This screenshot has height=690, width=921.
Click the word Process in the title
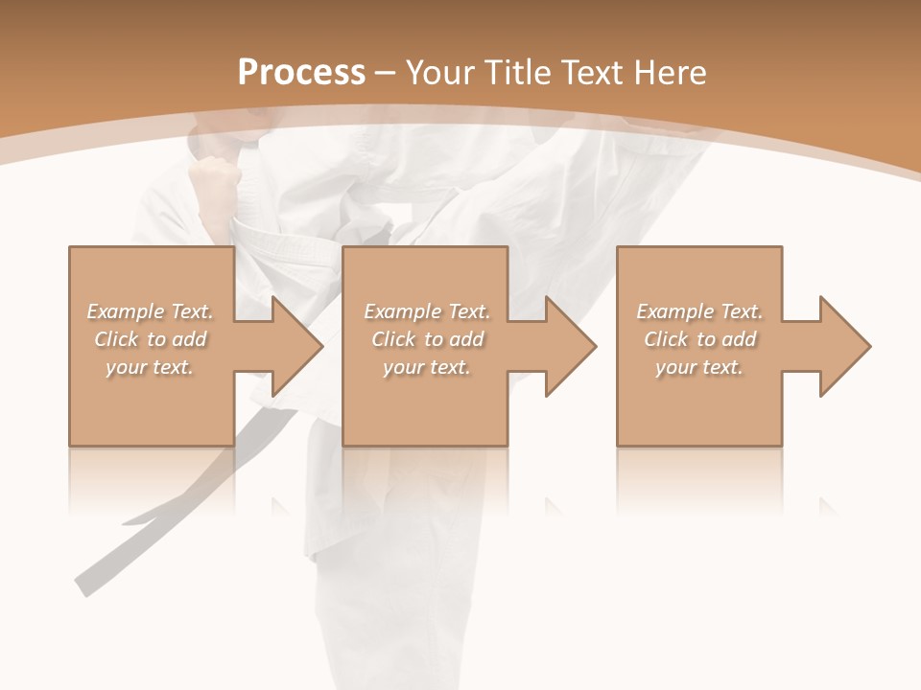pos(301,73)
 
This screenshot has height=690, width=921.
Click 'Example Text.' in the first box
pos(150,311)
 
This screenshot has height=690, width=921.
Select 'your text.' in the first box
pos(150,367)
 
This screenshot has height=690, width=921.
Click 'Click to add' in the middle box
pos(427,339)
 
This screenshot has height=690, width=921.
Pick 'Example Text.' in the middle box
pos(427,311)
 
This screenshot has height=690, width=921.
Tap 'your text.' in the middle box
pos(427,367)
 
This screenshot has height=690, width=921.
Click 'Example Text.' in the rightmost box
pos(699,311)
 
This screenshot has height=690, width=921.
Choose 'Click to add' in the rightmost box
pos(699,339)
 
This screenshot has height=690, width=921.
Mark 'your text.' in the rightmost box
pos(699,367)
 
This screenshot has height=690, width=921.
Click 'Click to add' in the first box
pos(150,339)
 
